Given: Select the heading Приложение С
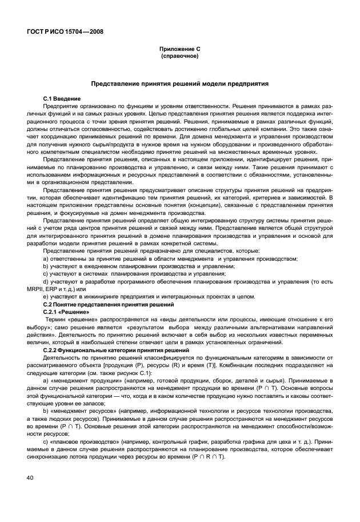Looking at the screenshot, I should click(180, 50).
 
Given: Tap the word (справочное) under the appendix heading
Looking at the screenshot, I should click(180, 57).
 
